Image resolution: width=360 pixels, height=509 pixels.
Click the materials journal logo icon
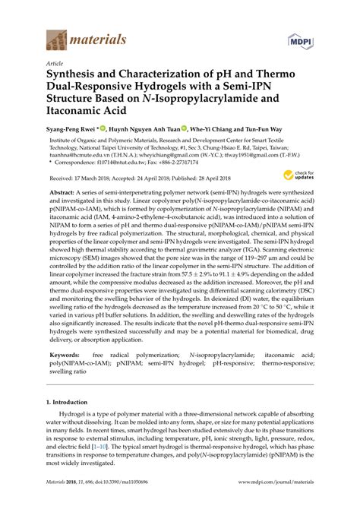coord(56,36)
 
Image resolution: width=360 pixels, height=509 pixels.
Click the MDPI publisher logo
coord(300,38)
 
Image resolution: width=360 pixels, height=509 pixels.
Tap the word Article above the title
coord(55,65)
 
